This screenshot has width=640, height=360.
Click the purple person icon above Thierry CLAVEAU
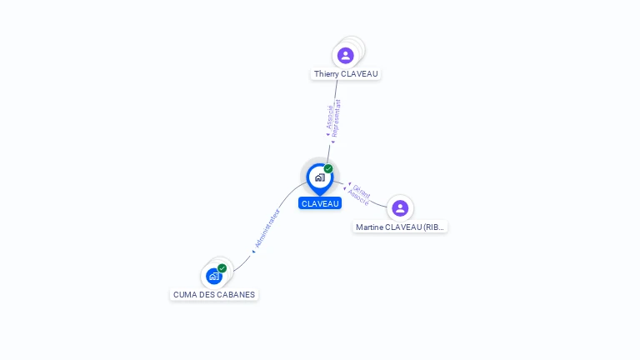345,55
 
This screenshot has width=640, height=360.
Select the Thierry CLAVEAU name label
346,74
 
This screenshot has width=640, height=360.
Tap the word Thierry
327,74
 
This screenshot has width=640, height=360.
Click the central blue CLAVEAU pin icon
319,177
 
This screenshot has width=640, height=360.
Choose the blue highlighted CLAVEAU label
320,203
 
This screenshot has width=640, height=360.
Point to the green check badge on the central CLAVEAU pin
328,169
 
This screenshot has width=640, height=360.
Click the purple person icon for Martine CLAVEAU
400,208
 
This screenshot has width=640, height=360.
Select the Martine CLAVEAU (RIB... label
400,227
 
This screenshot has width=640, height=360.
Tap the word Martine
371,227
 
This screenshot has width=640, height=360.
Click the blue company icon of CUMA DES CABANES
214,276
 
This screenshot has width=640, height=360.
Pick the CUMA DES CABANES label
214,294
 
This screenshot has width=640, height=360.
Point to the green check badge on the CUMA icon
222,268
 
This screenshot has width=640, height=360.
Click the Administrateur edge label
267,229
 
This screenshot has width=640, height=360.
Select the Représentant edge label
337,117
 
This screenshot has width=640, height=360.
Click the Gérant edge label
361,190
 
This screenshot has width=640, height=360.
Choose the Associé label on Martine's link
357,197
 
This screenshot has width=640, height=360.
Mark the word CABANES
237,294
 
